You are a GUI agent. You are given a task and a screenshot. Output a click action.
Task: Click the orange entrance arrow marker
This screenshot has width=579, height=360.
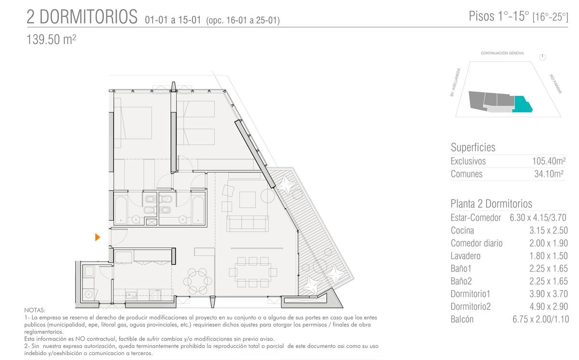97,237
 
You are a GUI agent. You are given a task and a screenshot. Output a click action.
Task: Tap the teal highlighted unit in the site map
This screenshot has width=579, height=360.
521,105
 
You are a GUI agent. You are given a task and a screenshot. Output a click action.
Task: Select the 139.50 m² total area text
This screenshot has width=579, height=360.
51,40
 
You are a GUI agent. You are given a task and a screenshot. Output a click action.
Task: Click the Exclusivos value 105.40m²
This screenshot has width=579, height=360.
549,161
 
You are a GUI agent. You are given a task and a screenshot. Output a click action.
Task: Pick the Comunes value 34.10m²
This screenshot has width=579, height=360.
549,174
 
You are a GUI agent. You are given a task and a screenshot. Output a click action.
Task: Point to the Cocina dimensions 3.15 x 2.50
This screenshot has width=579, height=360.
549,230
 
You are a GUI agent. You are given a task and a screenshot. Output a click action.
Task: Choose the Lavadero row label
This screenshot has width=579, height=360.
466,256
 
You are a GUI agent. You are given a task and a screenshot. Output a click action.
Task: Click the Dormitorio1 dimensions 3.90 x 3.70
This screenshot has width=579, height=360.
549,294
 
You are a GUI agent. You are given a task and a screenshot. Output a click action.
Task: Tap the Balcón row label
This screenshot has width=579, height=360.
462,319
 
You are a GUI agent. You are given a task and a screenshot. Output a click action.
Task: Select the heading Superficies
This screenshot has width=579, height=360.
473,147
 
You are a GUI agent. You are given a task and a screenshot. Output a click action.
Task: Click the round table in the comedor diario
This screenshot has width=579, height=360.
198,281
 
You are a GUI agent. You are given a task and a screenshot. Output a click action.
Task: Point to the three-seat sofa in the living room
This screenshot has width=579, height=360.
248,223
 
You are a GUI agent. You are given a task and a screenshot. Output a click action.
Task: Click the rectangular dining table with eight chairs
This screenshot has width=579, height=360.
253,272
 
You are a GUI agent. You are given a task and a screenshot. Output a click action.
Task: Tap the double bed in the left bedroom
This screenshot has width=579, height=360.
133,123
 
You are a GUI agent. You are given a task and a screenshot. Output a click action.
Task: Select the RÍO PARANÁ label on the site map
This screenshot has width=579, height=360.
556,84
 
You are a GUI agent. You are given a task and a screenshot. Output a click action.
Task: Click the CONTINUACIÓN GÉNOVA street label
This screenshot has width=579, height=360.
502,53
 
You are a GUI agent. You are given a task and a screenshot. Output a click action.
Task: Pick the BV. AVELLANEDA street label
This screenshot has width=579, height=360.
455,82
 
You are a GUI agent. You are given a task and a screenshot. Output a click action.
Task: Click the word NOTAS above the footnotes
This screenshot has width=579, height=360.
35,310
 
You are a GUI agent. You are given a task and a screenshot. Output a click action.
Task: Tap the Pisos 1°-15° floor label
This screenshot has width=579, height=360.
499,16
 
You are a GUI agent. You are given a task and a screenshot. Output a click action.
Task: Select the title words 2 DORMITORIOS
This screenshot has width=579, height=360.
82,16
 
